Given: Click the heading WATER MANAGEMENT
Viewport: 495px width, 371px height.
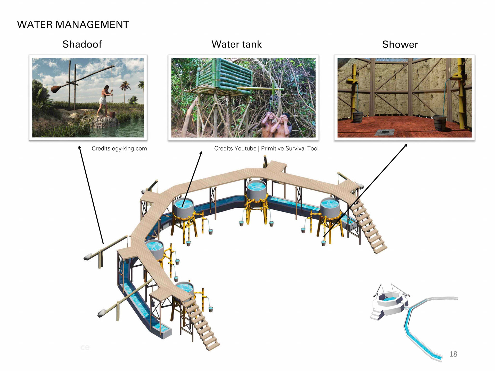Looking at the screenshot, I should (73, 25).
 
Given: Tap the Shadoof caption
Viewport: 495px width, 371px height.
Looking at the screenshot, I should (82, 44).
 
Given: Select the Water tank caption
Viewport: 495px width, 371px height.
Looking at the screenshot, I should (236, 44).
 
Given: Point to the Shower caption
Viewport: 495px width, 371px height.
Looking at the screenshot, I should (400, 45).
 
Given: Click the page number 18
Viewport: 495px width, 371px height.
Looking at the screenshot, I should (453, 354).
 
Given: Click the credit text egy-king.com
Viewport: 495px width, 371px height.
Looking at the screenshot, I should (119, 148).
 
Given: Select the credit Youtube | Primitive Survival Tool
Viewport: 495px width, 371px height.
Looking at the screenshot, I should (266, 148).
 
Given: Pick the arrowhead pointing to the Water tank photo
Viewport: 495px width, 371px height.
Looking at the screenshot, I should (201, 153).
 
